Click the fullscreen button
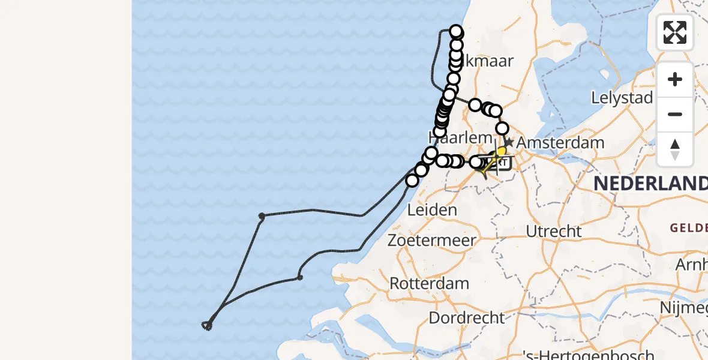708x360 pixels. point(675,32)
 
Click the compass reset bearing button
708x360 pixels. point(675,149)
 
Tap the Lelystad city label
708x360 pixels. point(622,97)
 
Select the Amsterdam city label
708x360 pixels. point(560,143)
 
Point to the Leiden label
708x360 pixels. point(432,210)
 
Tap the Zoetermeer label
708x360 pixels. point(432,240)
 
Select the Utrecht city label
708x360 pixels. point(554,231)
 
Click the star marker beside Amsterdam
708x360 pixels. point(508,142)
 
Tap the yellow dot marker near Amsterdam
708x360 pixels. point(502,152)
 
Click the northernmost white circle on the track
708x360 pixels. point(456,32)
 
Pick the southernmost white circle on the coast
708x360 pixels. point(412,181)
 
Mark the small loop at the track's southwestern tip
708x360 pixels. point(207,326)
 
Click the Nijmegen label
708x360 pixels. point(684,307)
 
